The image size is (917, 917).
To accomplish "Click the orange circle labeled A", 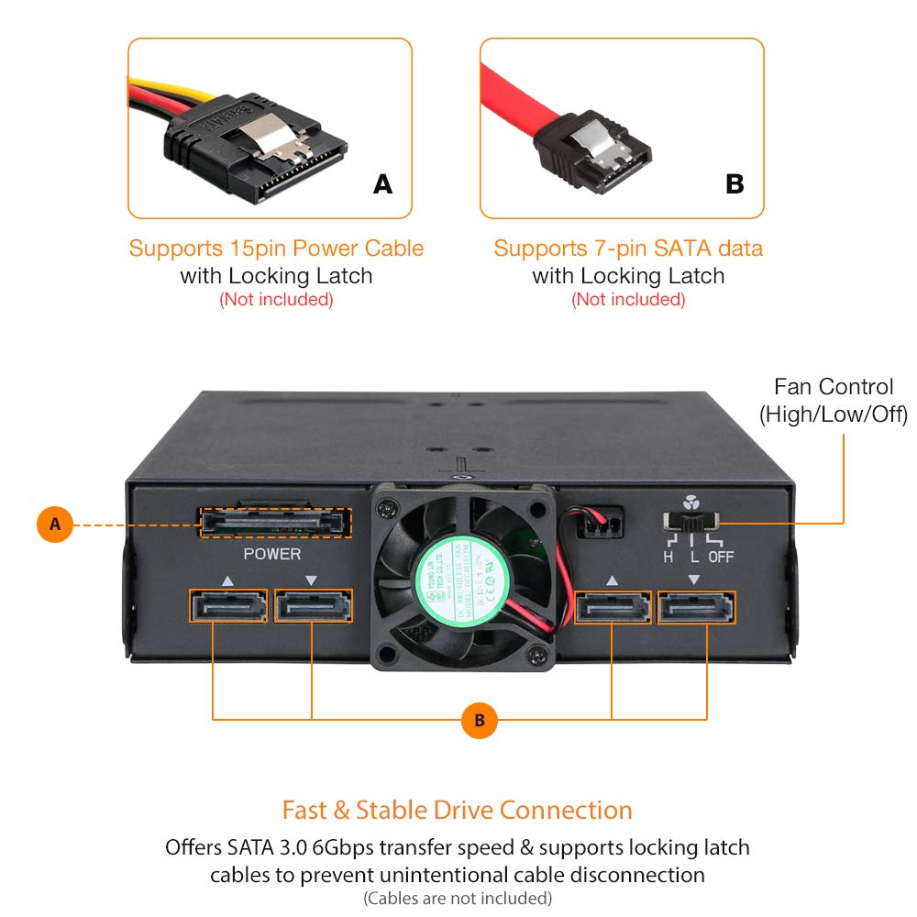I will [55, 525].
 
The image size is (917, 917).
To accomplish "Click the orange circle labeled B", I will [479, 720].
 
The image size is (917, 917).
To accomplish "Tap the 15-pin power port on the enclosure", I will [274, 524].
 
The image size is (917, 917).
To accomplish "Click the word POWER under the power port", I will [271, 554].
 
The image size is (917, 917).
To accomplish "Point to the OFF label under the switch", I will [721, 557].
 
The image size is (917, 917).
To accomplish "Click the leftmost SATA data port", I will [227, 606].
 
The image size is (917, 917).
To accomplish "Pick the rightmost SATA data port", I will [696, 607].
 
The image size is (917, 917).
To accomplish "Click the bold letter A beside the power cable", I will [382, 184].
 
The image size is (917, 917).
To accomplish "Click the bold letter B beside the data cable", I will [735, 184].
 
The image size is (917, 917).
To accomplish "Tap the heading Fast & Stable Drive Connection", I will [457, 811].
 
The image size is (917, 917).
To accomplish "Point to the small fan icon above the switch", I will [691, 503].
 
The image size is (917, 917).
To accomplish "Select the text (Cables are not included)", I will [458, 897].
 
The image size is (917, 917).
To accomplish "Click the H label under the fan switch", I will [668, 557].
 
